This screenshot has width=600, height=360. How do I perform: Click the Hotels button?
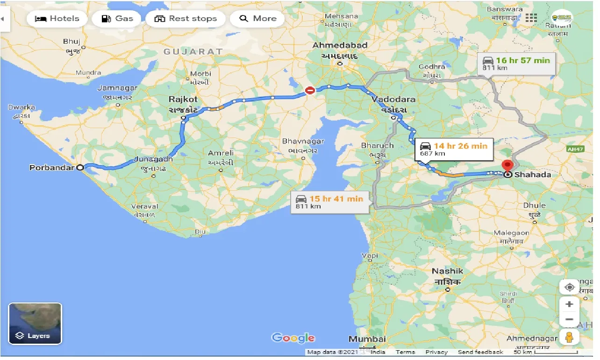click(57, 19)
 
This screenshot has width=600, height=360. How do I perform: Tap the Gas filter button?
click(117, 19)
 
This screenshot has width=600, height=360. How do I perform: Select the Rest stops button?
click(186, 19)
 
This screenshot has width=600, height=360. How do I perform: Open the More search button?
click(257, 19)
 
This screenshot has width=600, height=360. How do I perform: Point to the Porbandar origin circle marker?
click(80, 167)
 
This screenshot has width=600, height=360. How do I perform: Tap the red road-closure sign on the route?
click(310, 91)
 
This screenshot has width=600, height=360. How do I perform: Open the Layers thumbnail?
click(35, 324)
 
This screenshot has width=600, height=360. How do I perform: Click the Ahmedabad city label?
click(340, 45)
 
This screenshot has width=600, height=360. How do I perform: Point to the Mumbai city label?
click(367, 338)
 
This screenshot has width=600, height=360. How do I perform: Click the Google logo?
click(293, 338)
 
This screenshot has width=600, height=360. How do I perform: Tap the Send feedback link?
click(480, 352)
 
